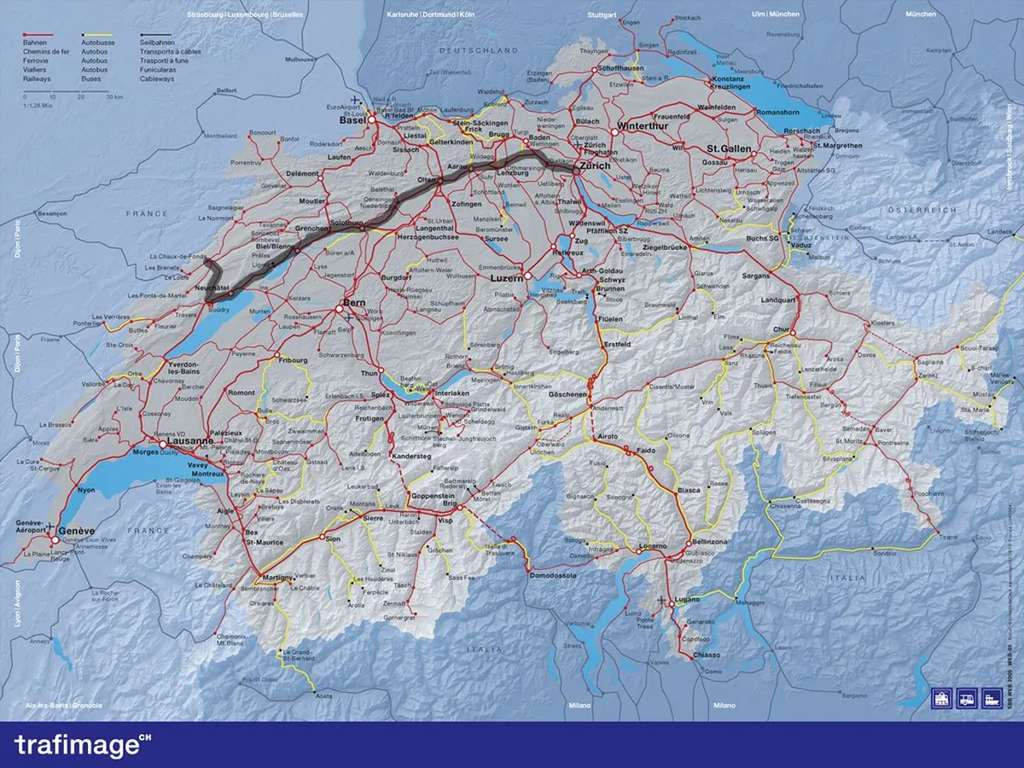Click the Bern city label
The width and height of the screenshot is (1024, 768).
click(354, 304)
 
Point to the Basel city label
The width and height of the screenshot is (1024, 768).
click(352, 120)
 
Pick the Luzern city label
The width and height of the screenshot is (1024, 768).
click(507, 278)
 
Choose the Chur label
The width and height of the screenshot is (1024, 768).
click(780, 329)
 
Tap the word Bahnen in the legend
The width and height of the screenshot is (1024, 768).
click(35, 41)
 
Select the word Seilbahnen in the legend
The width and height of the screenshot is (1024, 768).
click(158, 41)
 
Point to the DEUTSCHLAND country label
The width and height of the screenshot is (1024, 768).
click(467, 51)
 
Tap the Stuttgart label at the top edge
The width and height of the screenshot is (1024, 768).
click(602, 15)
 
